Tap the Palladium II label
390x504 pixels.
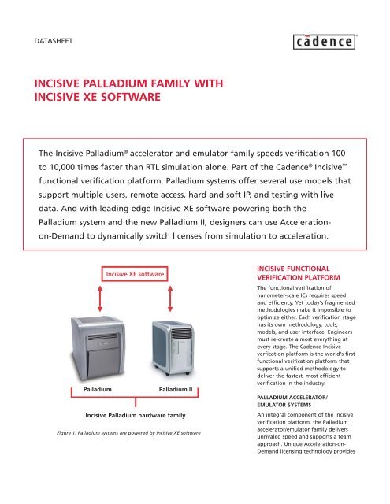tap(180, 390)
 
